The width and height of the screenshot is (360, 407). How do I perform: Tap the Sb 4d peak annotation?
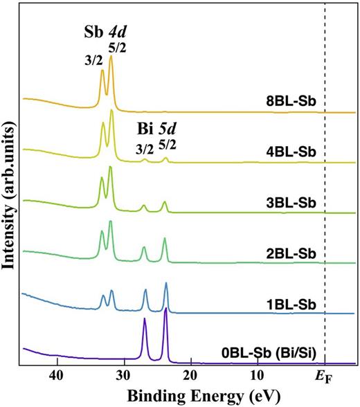(x=108, y=31)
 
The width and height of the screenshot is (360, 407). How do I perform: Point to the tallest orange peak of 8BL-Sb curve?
(x=111, y=59)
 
